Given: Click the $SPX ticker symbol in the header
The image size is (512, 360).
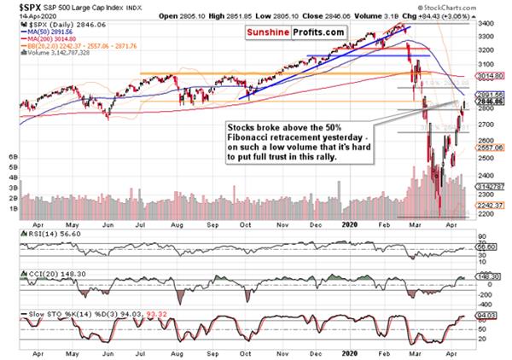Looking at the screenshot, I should (19, 6).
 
